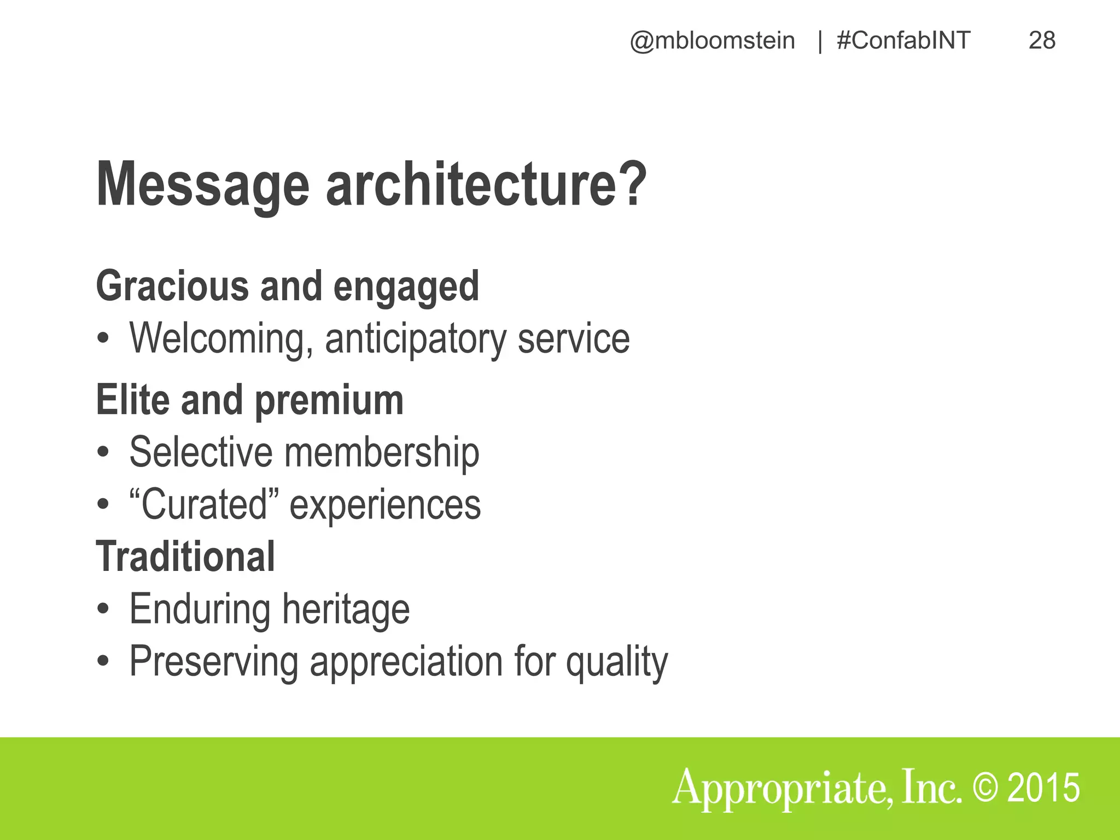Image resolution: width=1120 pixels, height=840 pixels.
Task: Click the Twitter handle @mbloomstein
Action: (712, 41)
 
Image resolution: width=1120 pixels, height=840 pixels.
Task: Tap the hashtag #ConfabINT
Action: (903, 41)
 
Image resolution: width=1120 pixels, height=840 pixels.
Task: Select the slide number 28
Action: (1042, 41)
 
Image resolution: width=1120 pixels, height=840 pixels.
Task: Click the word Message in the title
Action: (202, 185)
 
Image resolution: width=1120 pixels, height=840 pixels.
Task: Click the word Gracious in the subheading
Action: (172, 286)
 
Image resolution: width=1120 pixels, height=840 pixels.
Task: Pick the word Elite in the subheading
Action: (132, 400)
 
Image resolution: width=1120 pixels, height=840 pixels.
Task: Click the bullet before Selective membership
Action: (103, 454)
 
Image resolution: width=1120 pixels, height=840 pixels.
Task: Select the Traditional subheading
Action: (185, 557)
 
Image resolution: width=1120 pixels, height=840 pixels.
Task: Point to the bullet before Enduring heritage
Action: (103, 610)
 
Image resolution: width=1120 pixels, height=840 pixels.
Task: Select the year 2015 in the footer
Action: (1043, 788)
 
